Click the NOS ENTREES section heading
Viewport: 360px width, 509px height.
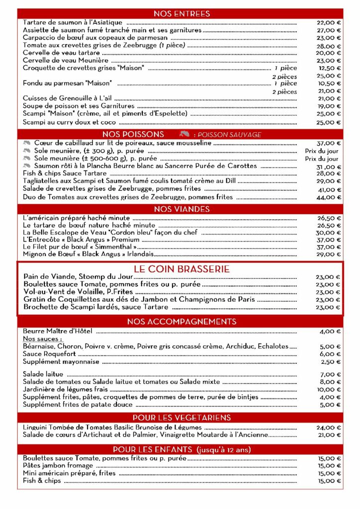click(x=181, y=14)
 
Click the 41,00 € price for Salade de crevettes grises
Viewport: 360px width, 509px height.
click(x=329, y=189)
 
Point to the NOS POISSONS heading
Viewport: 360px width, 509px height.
click(x=133, y=134)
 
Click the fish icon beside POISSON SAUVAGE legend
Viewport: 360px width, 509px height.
click(x=185, y=134)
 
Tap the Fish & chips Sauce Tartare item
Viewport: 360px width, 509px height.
click(x=65, y=173)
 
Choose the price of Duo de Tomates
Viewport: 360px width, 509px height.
click(x=329, y=197)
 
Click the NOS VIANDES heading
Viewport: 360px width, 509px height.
click(x=181, y=209)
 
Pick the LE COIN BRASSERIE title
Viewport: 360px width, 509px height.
click(x=181, y=269)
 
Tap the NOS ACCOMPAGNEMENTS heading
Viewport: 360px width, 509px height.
click(x=181, y=322)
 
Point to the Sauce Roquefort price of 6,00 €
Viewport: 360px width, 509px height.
click(x=331, y=354)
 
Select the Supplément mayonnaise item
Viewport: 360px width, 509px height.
click(x=61, y=362)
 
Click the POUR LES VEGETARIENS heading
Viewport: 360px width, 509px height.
click(x=181, y=418)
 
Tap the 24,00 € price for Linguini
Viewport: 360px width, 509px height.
click(x=329, y=427)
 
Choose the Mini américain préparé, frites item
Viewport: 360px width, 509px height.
click(x=69, y=473)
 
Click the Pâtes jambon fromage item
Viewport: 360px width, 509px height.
click(x=58, y=466)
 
